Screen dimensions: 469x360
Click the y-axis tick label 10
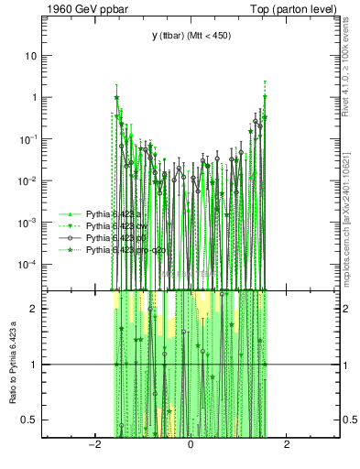[30, 55]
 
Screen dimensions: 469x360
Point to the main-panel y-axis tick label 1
[33, 97]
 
